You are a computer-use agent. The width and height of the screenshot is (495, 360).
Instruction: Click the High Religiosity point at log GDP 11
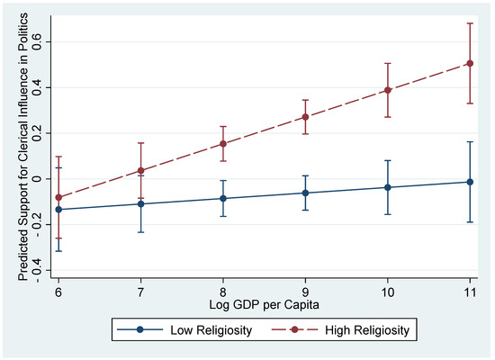pyautogui.click(x=470, y=63)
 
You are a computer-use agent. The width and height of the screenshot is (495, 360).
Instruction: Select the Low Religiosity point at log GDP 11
pyautogui.click(x=470, y=182)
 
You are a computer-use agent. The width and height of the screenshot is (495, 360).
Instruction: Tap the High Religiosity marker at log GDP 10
pyautogui.click(x=388, y=90)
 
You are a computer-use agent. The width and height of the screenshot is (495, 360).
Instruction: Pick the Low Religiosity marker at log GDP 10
pyautogui.click(x=388, y=187)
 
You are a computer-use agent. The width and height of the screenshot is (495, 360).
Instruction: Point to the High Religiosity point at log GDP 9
pyautogui.click(x=306, y=117)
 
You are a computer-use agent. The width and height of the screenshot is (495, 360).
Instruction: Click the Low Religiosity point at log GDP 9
pyautogui.click(x=306, y=193)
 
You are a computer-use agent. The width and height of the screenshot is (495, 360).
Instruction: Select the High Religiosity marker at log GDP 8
pyautogui.click(x=223, y=143)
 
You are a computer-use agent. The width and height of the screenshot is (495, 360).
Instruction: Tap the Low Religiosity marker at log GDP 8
pyautogui.click(x=223, y=198)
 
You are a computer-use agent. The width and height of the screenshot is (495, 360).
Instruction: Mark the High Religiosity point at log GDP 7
pyautogui.click(x=141, y=170)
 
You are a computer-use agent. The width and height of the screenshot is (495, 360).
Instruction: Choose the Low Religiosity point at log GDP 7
pyautogui.click(x=141, y=203)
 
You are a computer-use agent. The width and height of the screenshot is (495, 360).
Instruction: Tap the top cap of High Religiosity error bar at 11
pyautogui.click(x=470, y=22)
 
